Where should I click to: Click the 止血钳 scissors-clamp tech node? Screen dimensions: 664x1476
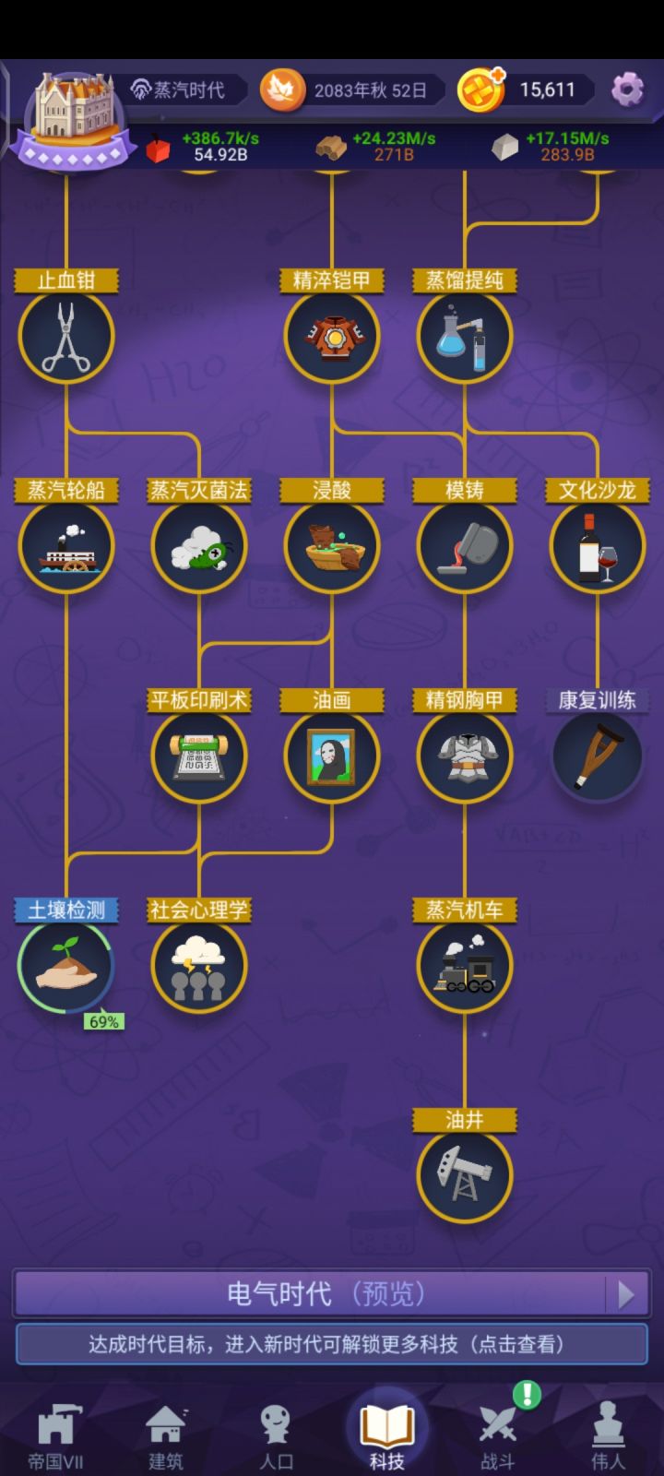click(x=66, y=337)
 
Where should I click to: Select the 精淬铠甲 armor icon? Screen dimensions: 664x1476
click(x=332, y=337)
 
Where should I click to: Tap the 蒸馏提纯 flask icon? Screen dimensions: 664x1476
click(x=465, y=337)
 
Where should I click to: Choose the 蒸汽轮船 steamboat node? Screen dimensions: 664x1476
click(x=66, y=546)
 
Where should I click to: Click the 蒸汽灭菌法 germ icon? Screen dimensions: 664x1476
click(x=199, y=546)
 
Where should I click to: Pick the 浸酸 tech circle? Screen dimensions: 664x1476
click(x=332, y=546)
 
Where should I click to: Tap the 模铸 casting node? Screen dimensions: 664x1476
click(x=465, y=546)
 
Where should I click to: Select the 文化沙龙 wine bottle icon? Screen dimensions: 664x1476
click(x=598, y=546)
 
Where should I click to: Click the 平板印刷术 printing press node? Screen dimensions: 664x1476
click(x=199, y=756)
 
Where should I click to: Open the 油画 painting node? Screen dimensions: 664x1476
click(x=332, y=756)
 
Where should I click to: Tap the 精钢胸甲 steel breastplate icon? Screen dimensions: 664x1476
click(x=465, y=756)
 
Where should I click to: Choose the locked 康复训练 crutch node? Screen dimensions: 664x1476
click(x=598, y=756)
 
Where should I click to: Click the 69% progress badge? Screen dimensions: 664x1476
click(x=104, y=1021)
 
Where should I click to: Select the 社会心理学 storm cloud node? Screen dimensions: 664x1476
click(x=199, y=966)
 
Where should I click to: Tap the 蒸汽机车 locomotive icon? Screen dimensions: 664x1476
click(x=465, y=966)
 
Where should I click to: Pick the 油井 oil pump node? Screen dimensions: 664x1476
click(x=465, y=1175)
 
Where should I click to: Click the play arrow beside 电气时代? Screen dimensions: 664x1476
click(x=626, y=1295)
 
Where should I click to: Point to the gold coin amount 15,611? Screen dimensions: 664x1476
click(x=548, y=89)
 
